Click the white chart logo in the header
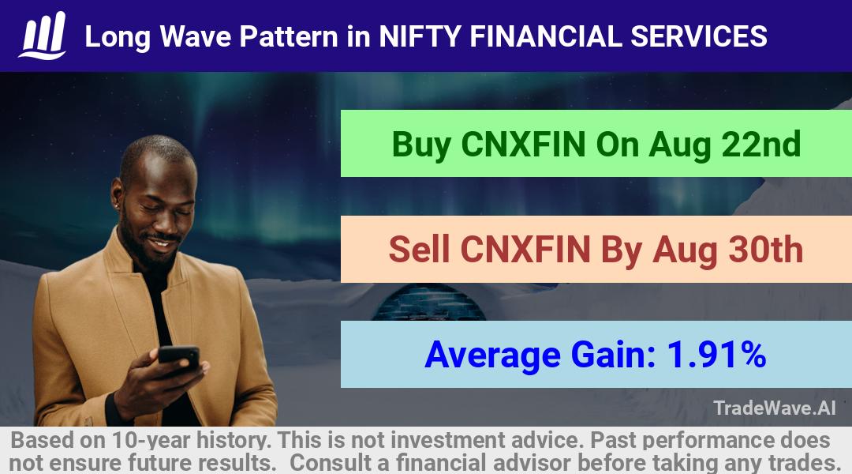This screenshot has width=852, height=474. (x=43, y=36)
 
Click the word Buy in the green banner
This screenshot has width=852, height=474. (x=421, y=145)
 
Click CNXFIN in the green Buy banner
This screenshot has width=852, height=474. (x=523, y=145)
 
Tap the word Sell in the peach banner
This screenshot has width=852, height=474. (x=420, y=250)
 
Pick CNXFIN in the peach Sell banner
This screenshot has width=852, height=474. (x=525, y=250)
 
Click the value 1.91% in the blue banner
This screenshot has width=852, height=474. (x=716, y=354)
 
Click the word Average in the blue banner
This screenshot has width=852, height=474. (x=492, y=355)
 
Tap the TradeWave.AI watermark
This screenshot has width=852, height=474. (x=775, y=408)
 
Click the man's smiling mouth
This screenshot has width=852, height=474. (x=160, y=243)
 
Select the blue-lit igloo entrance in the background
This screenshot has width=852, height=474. (x=429, y=303)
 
